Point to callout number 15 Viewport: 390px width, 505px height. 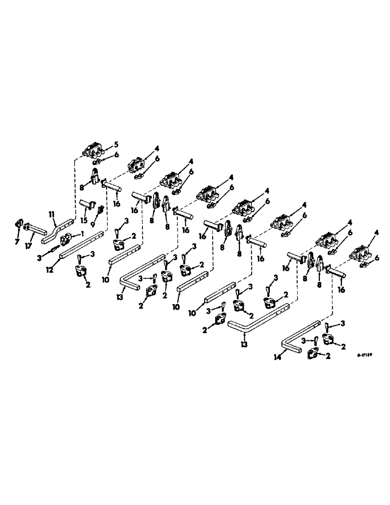(84, 220)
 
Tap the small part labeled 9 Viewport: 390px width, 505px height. (100, 209)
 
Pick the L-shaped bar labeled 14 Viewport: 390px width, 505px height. (298, 338)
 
